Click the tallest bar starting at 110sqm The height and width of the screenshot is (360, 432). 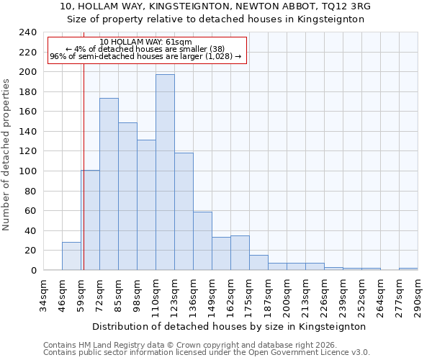(165, 172)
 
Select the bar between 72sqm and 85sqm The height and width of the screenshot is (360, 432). (109, 184)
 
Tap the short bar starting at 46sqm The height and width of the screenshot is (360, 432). (71, 256)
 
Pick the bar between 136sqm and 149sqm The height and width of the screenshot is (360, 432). (202, 241)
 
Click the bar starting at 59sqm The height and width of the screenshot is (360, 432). (90, 220)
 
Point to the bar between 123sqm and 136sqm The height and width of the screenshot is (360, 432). (184, 212)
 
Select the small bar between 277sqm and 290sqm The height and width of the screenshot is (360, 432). (408, 269)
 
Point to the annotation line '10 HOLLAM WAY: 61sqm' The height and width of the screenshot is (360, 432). (146, 42)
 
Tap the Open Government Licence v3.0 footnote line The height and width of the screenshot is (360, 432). (206, 352)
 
